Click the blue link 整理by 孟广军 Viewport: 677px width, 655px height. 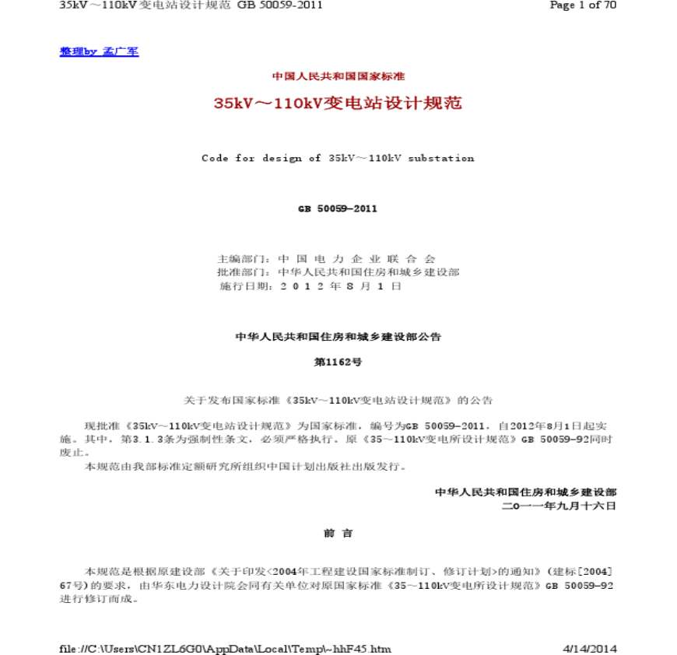(99, 51)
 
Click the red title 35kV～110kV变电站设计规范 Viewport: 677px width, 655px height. (338, 103)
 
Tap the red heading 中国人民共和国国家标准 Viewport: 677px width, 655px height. (338, 76)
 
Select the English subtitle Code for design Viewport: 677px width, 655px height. (338, 158)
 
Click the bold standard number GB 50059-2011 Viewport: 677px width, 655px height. (338, 208)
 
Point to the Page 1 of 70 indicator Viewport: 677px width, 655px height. (583, 5)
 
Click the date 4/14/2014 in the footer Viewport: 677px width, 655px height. (589, 649)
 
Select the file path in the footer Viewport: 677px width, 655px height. (226, 649)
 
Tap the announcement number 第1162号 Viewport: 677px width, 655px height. (338, 362)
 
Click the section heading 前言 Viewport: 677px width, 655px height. (338, 533)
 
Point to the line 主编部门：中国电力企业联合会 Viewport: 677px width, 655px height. (327, 258)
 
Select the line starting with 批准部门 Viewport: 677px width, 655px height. (338, 272)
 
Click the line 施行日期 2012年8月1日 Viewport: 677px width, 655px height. (310, 286)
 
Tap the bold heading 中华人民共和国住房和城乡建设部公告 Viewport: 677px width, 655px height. (338, 337)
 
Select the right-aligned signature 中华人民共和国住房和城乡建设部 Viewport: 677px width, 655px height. (525, 492)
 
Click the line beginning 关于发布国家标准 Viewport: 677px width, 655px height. (338, 400)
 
